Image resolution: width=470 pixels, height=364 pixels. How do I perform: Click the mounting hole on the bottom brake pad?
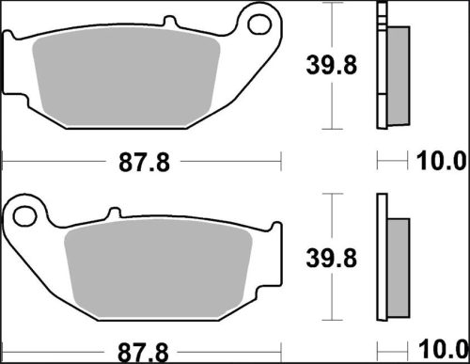pyautogui.click(x=29, y=216)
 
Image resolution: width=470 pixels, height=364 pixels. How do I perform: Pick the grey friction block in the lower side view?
pyautogui.click(x=399, y=268)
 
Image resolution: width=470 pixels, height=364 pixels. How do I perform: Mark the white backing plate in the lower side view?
pyautogui.click(x=382, y=268)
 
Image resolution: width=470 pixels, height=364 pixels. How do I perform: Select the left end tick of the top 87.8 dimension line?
pyautogui.click(x=4, y=164)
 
